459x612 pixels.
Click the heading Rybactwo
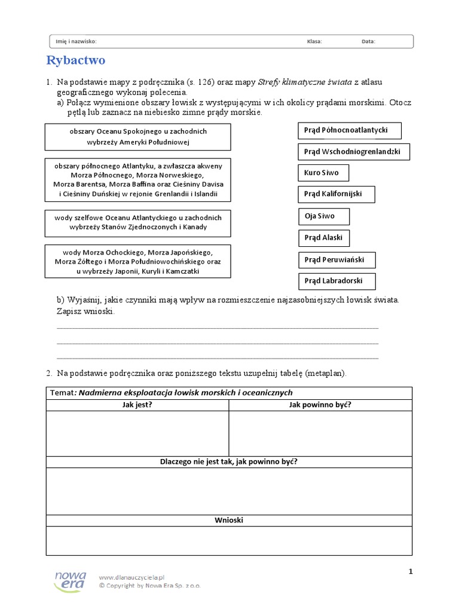click(x=76, y=60)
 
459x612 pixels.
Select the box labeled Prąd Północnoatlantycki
click(x=349, y=130)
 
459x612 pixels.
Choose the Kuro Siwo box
click(x=323, y=173)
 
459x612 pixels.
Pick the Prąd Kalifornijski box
click(x=338, y=194)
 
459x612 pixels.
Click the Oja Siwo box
click(x=323, y=216)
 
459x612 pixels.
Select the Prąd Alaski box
click(x=323, y=238)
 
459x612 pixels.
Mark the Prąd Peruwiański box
click(x=339, y=260)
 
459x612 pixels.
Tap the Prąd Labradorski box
click(x=338, y=281)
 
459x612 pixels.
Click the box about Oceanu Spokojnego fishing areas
click(x=138, y=137)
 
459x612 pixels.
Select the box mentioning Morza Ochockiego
click(x=138, y=262)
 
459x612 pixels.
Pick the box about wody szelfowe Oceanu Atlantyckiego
click(x=138, y=223)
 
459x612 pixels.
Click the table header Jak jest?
click(x=137, y=405)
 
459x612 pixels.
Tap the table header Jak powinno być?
click(x=320, y=405)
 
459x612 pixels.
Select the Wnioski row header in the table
click(x=229, y=521)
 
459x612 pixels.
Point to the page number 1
click(x=411, y=572)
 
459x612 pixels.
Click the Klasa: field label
click(x=314, y=42)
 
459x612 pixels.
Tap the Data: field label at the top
click(x=368, y=42)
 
